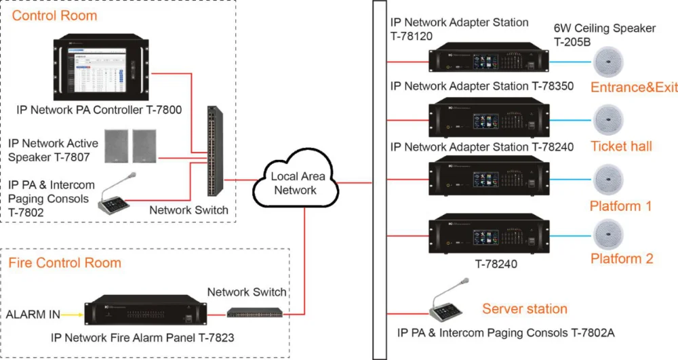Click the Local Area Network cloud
click(x=295, y=182)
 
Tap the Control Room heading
click(x=55, y=15)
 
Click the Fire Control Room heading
click(x=64, y=263)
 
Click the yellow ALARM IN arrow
click(x=71, y=314)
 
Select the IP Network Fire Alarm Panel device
click(x=142, y=313)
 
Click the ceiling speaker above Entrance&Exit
click(x=612, y=63)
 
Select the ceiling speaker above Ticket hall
click(x=612, y=121)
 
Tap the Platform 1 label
click(x=621, y=205)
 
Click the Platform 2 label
click(x=622, y=258)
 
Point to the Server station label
click(x=525, y=309)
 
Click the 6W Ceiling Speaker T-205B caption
click(x=605, y=34)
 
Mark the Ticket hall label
click(x=621, y=146)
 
